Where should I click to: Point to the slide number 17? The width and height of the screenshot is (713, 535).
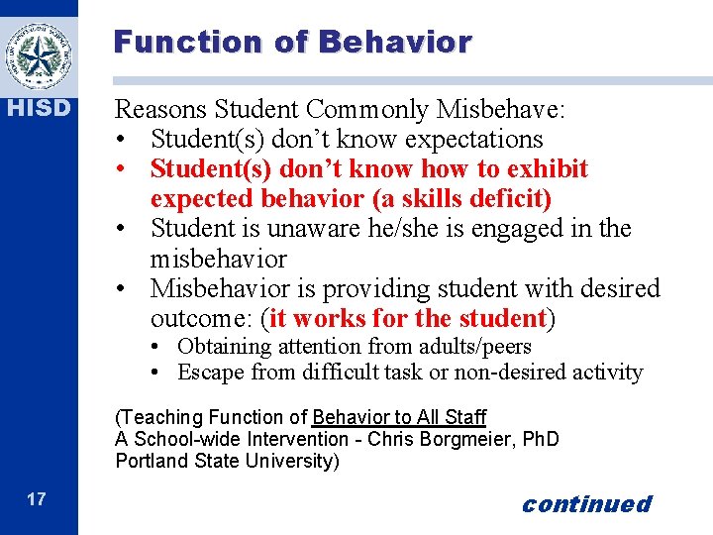click(36, 499)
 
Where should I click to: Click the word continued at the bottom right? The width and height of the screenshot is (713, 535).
click(586, 504)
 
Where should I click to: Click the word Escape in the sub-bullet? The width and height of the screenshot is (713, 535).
click(211, 374)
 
